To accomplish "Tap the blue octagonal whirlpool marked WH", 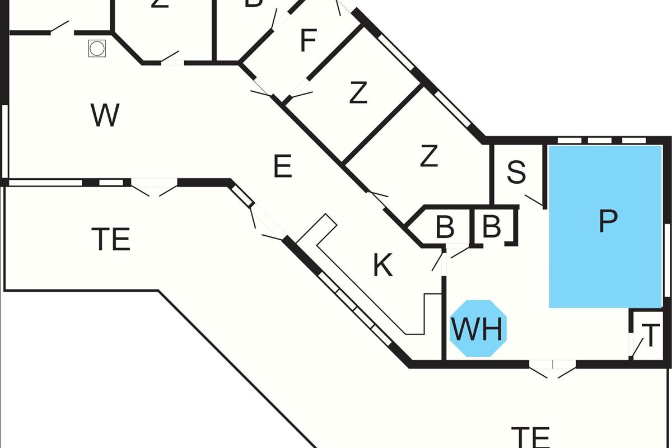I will pyautogui.click(x=478, y=329).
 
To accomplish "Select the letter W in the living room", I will pyautogui.click(x=105, y=116).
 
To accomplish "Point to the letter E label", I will pyautogui.click(x=283, y=167).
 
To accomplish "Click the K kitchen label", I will pyautogui.click(x=383, y=267).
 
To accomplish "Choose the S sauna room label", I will pyautogui.click(x=516, y=173).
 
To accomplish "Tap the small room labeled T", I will pyautogui.click(x=650, y=335).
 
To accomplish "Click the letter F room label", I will pyautogui.click(x=309, y=41).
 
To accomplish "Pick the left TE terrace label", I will pyautogui.click(x=111, y=240).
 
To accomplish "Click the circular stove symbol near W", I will pyautogui.click(x=97, y=48).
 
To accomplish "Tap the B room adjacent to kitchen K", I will pyautogui.click(x=445, y=227).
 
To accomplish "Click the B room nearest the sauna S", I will pyautogui.click(x=491, y=227).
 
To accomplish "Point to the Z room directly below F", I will pyautogui.click(x=358, y=94).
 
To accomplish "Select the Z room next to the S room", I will pyautogui.click(x=428, y=157).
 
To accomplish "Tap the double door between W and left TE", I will pyautogui.click(x=154, y=188).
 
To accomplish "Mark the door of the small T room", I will pyautogui.click(x=634, y=347).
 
